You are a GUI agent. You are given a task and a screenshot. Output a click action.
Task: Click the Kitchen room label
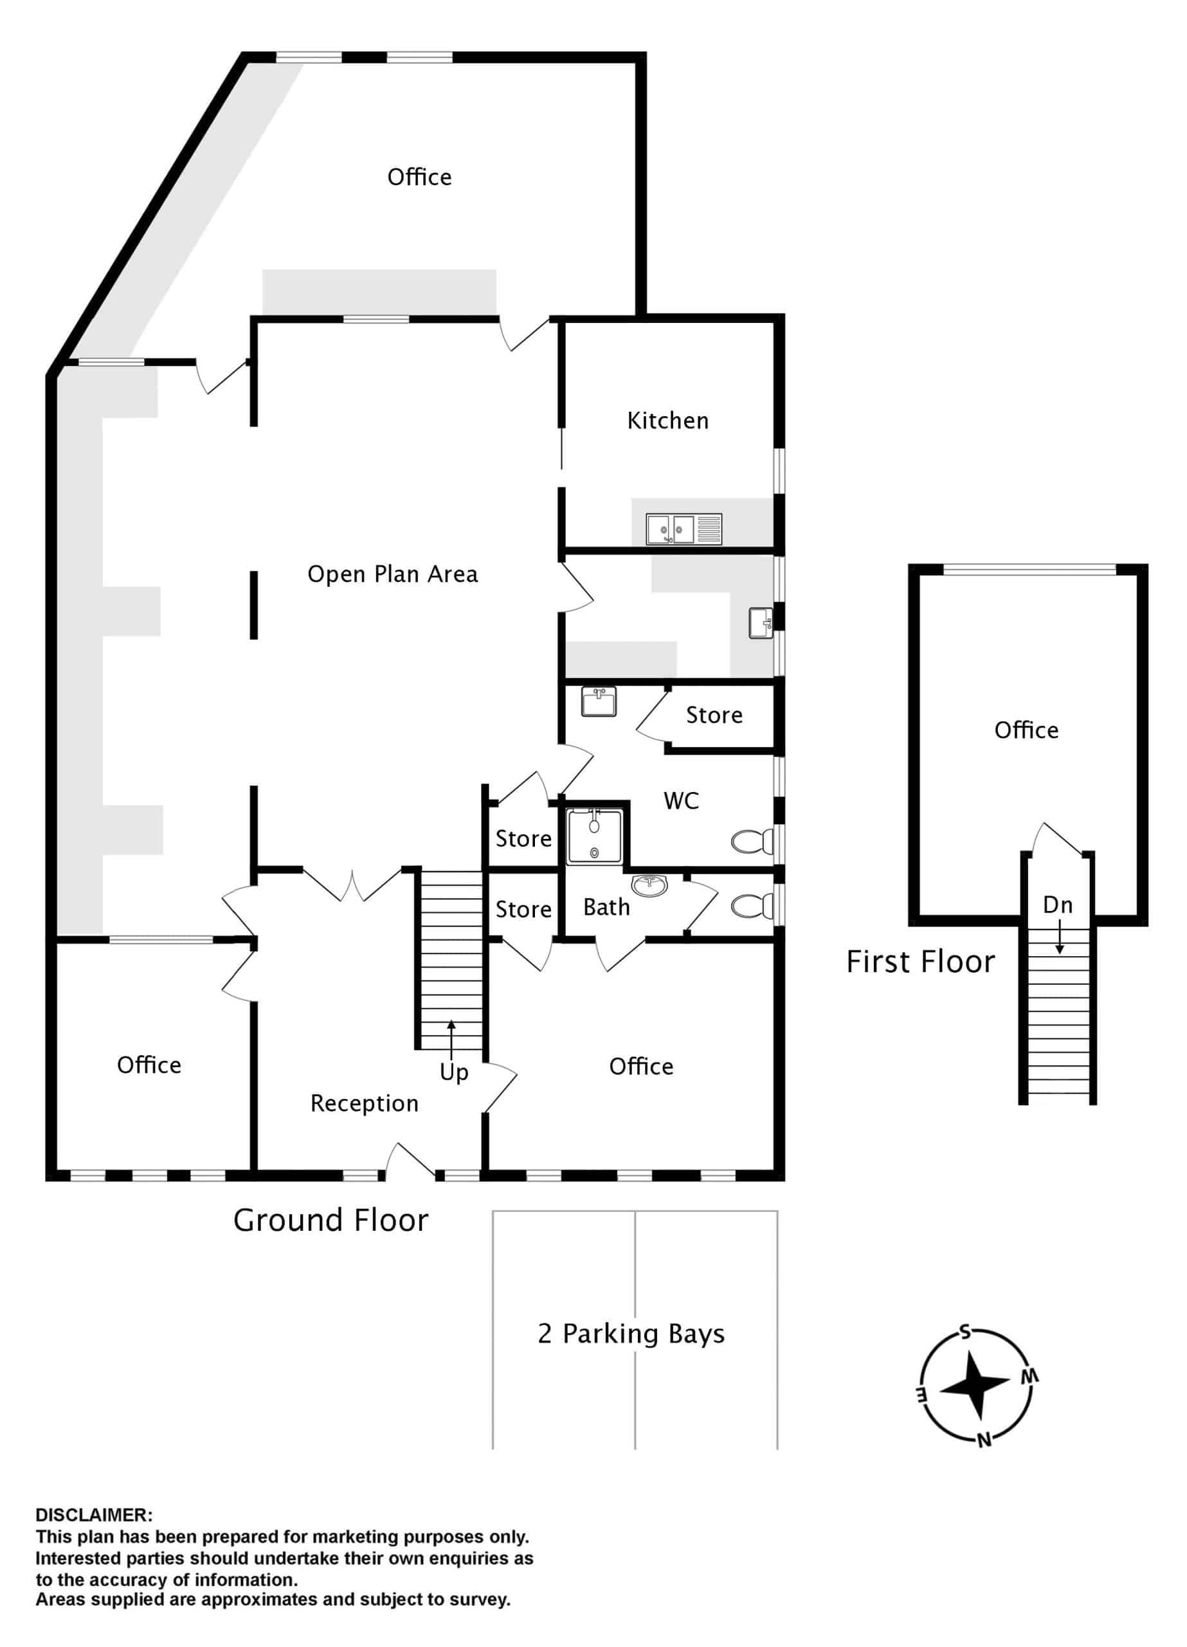(667, 421)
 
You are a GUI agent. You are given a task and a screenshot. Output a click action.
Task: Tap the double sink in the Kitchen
(684, 529)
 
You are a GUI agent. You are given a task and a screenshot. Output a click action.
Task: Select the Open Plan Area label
(393, 575)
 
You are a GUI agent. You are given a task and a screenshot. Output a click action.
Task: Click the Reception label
(365, 1103)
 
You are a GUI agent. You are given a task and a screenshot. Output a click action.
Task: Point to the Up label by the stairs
(454, 1072)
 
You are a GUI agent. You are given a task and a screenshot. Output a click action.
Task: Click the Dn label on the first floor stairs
(1058, 905)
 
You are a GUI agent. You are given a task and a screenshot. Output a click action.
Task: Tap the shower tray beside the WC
(595, 837)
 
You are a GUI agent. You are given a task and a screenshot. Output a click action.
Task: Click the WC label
(681, 801)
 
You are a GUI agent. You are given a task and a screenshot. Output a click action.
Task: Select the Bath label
(606, 907)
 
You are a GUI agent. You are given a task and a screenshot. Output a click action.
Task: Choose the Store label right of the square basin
(714, 715)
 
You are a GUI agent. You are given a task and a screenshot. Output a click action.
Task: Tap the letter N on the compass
(984, 1440)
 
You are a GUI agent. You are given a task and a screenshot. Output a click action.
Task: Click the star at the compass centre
(975, 1386)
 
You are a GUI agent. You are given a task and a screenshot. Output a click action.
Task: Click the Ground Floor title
(331, 1220)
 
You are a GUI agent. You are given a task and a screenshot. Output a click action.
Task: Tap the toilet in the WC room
(752, 842)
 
